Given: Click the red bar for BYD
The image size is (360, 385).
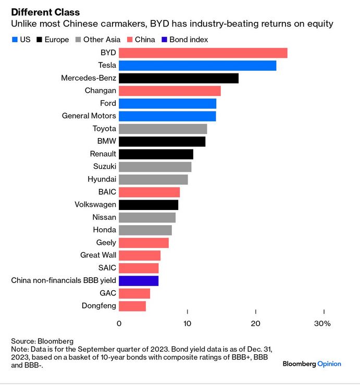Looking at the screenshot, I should pos(203,53).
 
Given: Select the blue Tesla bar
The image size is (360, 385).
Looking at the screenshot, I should pos(197,66).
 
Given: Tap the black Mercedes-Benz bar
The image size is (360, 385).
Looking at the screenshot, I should pos(178,78).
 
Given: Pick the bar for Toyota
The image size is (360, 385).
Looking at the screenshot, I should pos(163,129).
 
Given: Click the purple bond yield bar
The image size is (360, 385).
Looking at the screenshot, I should pos(139,281).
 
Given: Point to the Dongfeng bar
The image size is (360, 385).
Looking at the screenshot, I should pos(132,306).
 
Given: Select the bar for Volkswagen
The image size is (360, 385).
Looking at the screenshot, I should pos(148,205).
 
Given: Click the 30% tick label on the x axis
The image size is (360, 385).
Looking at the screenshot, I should pos(322,324).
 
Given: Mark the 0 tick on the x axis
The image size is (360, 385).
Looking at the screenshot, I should pos(119,324).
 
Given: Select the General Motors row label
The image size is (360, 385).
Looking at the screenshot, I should pos(89,116).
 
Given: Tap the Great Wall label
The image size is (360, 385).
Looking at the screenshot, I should pos(98,255).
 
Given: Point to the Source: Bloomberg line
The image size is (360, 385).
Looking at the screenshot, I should pos(43,341).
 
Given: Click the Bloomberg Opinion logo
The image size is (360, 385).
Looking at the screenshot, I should pos(312,364).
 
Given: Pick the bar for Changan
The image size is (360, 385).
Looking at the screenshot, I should pos(170,91).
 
